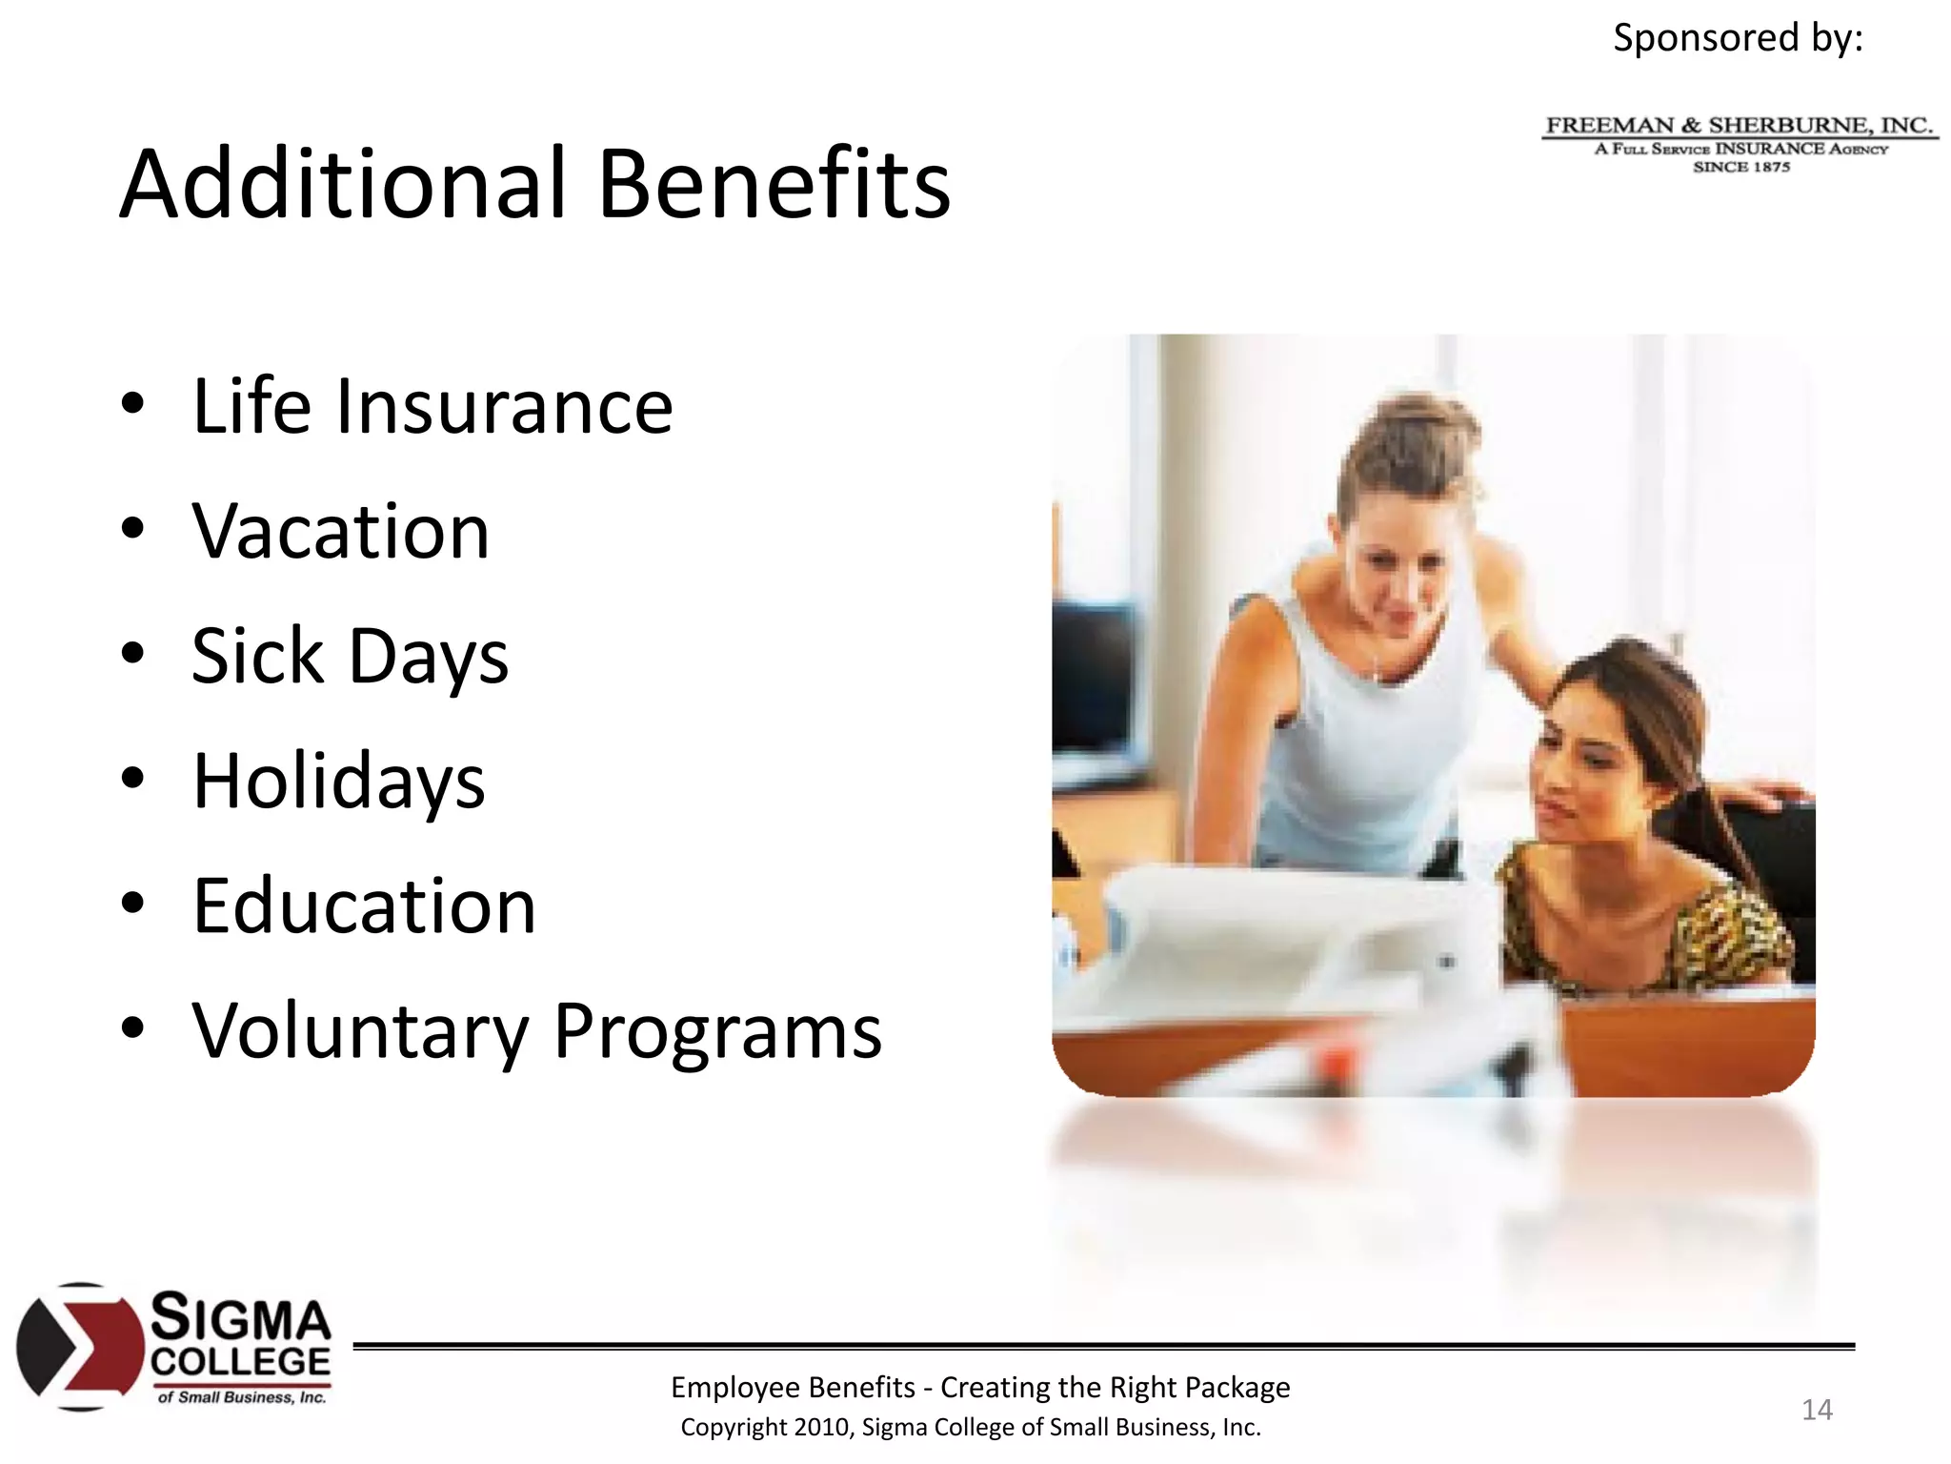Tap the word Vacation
point(340,531)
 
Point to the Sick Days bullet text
point(350,656)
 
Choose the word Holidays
point(338,781)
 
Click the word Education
point(364,905)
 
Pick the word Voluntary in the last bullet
point(360,1031)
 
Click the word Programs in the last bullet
point(717,1031)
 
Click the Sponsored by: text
point(1738,38)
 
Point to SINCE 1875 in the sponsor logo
point(1741,167)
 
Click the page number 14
point(1817,1410)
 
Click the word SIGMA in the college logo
point(241,1317)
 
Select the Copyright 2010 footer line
point(970,1428)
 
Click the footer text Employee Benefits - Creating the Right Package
point(979,1388)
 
